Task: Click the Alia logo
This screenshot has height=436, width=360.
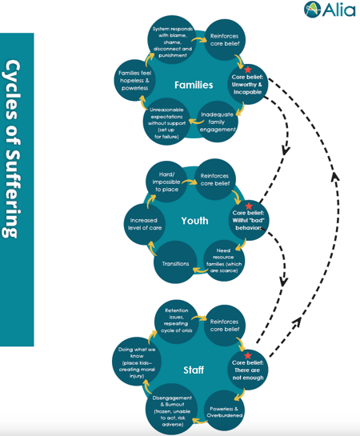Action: (x=329, y=10)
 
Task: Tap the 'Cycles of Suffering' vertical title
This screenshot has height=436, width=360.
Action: (x=12, y=149)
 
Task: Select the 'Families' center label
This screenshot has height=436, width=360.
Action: (x=194, y=85)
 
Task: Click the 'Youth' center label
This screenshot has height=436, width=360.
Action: (x=194, y=221)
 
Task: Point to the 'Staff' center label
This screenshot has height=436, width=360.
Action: (x=194, y=370)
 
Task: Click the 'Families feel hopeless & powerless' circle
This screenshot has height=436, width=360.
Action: (x=134, y=80)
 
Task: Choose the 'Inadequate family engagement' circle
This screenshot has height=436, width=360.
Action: (x=217, y=122)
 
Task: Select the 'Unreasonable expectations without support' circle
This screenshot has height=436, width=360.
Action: (x=166, y=122)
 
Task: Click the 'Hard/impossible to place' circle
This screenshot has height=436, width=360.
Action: (x=166, y=182)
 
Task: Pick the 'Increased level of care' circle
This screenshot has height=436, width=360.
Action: (x=144, y=224)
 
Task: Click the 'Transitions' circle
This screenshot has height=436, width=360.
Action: (x=175, y=262)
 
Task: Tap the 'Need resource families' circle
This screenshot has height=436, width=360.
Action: (x=224, y=261)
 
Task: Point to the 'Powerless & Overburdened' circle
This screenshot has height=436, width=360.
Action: (x=224, y=411)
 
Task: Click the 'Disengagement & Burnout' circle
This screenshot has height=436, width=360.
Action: (x=172, y=410)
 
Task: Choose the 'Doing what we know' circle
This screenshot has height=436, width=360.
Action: (x=137, y=362)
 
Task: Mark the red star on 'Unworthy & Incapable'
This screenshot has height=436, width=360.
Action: (x=248, y=70)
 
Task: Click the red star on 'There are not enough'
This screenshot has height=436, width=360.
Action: (x=248, y=355)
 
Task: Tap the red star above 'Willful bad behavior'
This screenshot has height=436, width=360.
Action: (x=249, y=206)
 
